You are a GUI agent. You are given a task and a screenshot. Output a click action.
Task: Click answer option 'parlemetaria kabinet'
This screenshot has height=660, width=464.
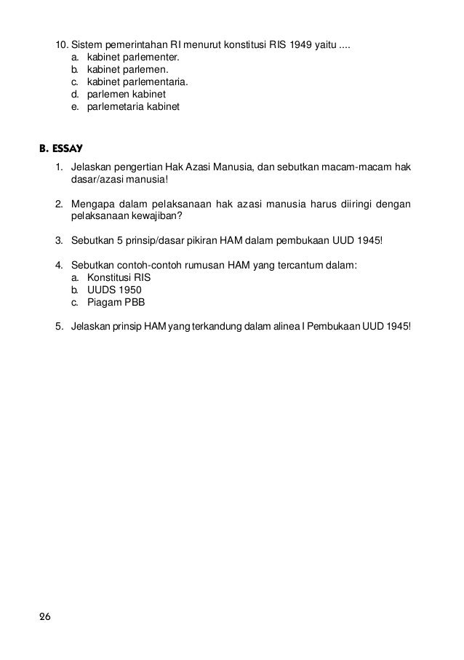tap(132, 107)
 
